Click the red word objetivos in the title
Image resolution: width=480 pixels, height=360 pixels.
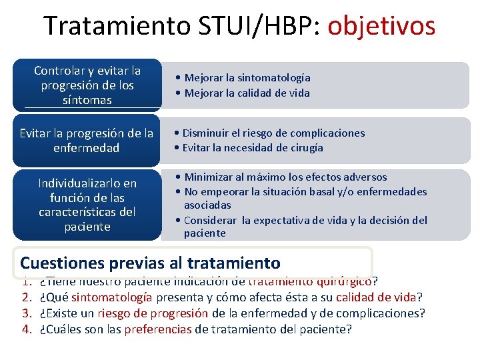coord(381,27)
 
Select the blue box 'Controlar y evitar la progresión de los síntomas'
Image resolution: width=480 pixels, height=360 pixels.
coord(87,85)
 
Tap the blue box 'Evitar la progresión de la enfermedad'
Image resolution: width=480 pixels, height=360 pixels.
coord(87,140)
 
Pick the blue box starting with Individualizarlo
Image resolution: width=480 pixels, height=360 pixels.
coord(87,205)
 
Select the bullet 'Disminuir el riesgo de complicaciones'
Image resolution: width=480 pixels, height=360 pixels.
coord(271,133)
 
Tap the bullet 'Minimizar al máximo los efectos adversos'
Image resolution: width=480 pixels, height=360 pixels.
coord(279,177)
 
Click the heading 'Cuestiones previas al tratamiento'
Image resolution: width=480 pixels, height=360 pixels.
coord(150,263)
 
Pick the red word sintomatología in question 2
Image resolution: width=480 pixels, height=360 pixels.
coord(112,297)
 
